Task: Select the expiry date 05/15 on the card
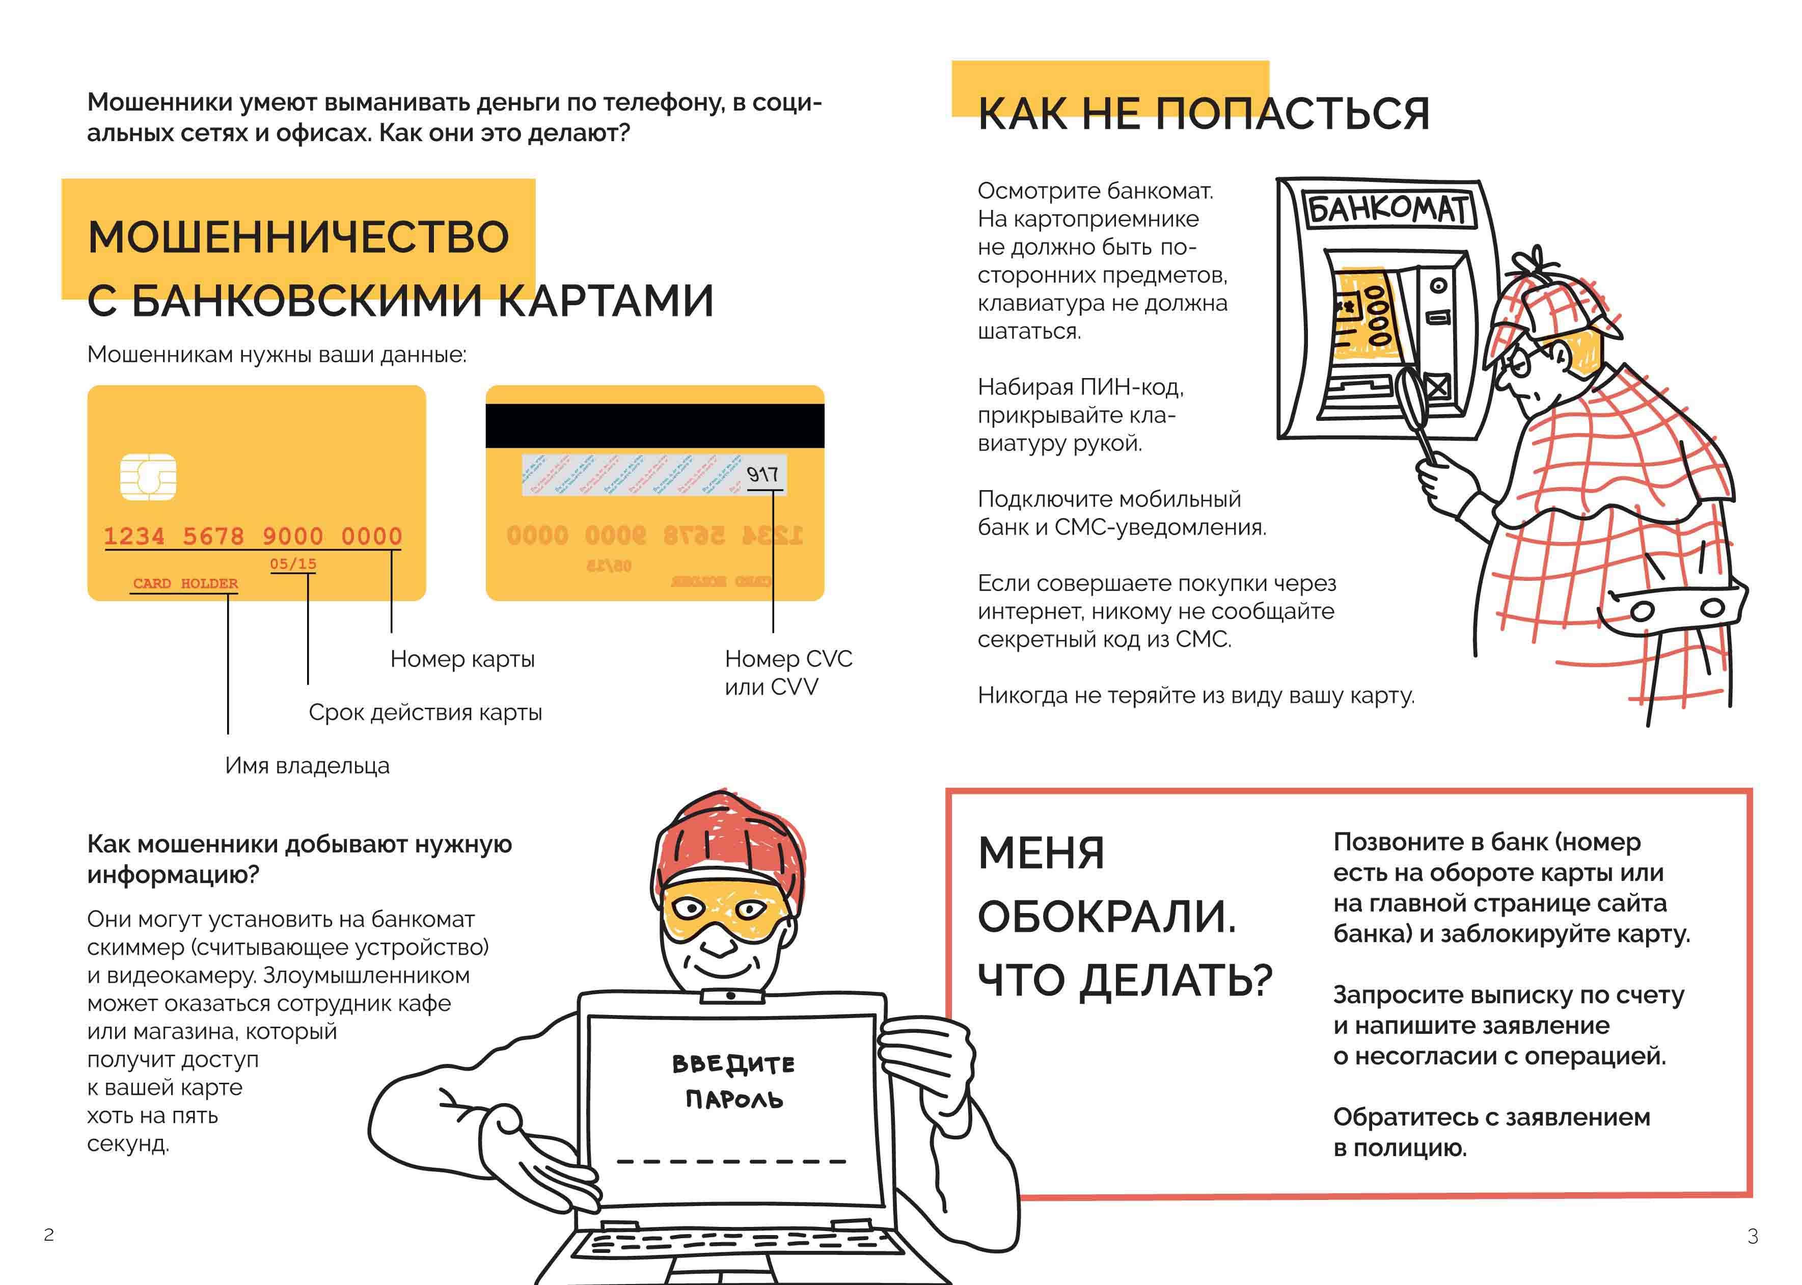pos(293,564)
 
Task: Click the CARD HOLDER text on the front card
pos(185,583)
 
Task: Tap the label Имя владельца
pos(307,765)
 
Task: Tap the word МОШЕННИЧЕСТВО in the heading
pos(298,236)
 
